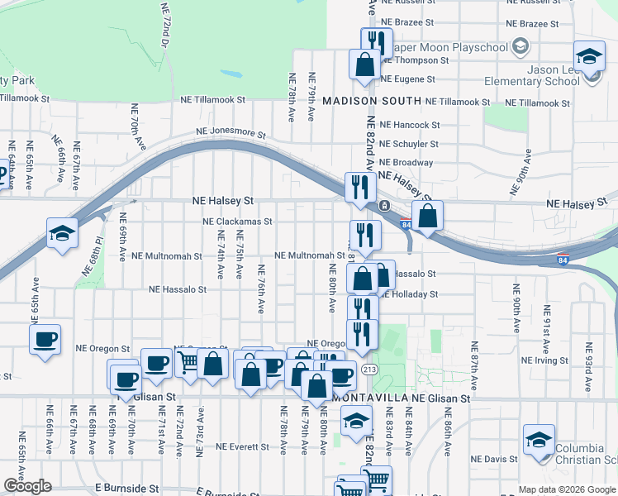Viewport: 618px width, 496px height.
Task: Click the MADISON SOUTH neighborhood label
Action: coord(370,100)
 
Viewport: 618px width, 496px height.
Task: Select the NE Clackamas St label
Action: coord(237,222)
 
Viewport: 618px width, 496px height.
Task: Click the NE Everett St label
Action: coord(241,446)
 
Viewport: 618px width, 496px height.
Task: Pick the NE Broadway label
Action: coord(406,163)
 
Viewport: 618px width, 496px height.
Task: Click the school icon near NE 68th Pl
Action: coord(62,233)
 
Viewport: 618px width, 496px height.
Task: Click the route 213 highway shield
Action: coord(371,369)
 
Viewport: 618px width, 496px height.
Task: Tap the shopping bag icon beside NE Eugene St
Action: coord(364,64)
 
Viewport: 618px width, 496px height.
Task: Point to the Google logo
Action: coord(26,486)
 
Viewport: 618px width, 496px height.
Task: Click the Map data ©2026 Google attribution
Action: coord(567,489)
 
